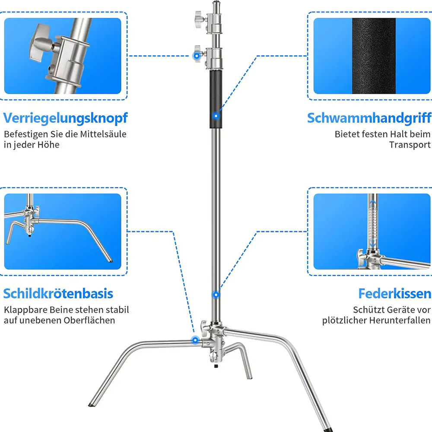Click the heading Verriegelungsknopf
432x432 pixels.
[x=65, y=118]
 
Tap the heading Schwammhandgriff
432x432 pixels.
[x=369, y=118]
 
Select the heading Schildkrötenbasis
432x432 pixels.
[x=58, y=293]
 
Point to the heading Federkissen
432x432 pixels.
[x=395, y=293]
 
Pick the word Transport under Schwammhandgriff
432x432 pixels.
[x=410, y=145]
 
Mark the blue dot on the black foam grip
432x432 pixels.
[x=216, y=116]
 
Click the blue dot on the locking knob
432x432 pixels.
[x=197, y=56]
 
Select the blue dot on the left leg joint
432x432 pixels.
[x=195, y=340]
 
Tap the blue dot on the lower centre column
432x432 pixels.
[x=216, y=295]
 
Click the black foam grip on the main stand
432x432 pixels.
[x=216, y=99]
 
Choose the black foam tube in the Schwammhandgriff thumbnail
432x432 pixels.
[x=374, y=56]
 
